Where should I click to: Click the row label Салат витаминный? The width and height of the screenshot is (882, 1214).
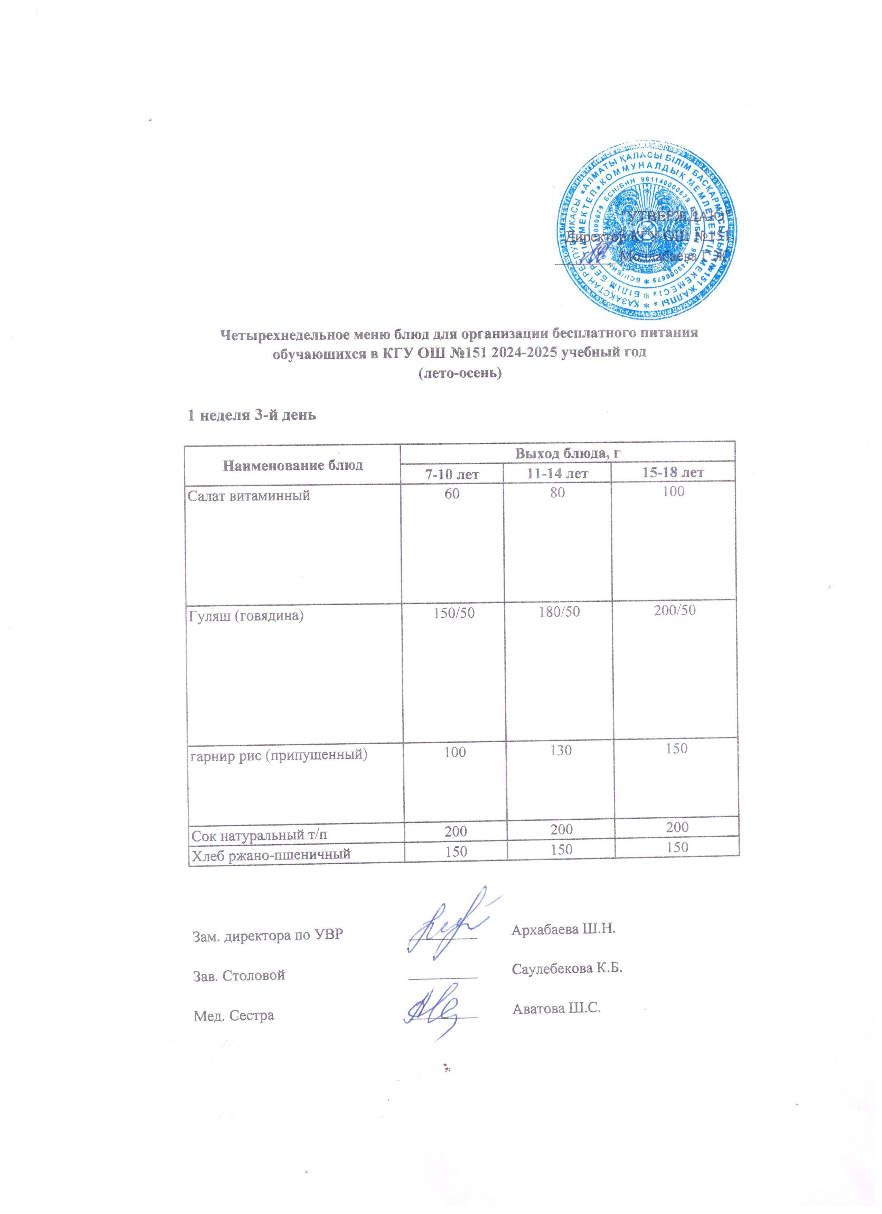pyautogui.click(x=249, y=496)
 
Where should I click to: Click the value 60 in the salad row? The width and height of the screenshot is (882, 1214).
pyautogui.click(x=452, y=493)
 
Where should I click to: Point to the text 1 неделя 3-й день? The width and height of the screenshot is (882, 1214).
pyautogui.click(x=251, y=415)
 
